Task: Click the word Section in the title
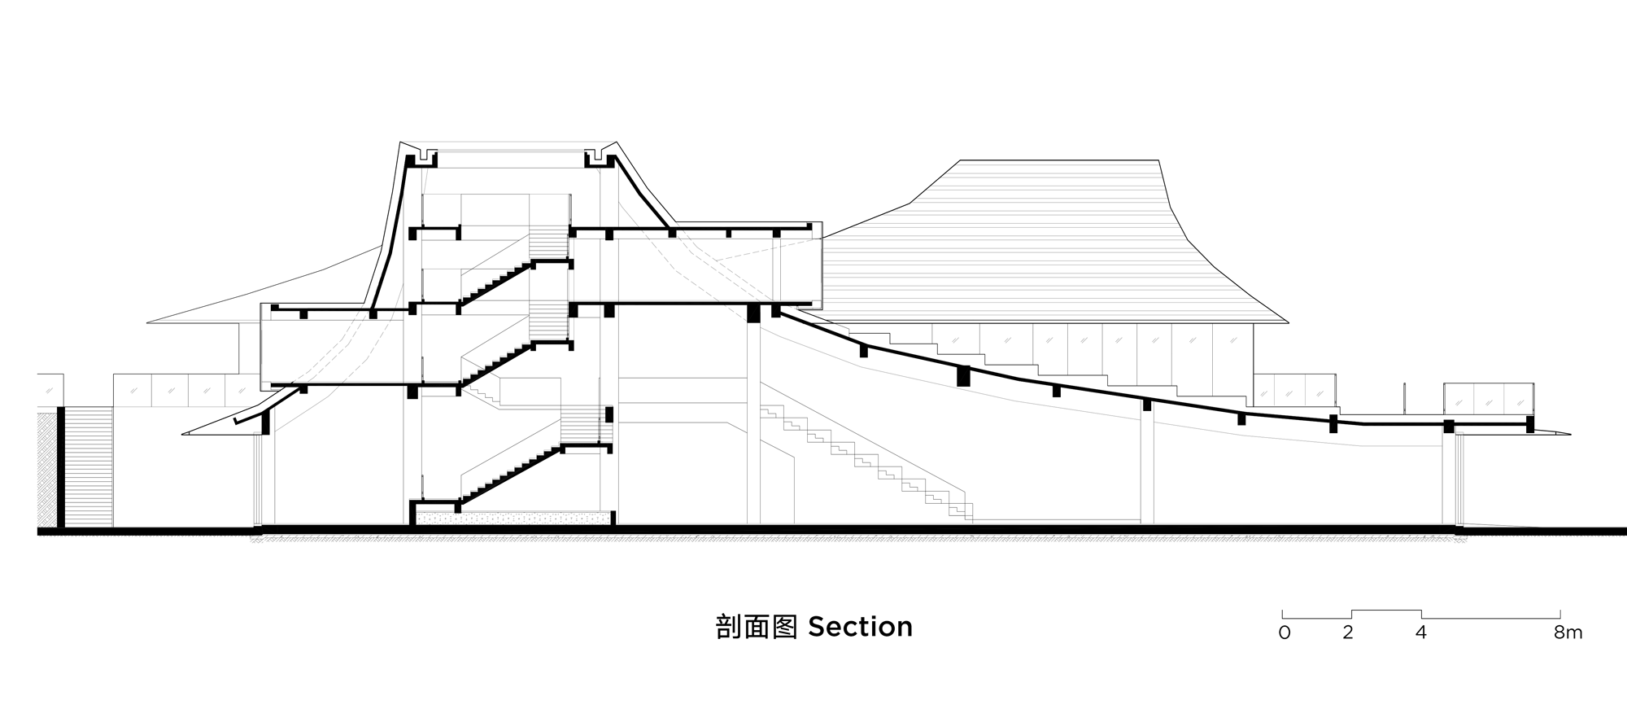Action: pyautogui.click(x=860, y=627)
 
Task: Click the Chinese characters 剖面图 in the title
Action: pyautogui.click(x=756, y=627)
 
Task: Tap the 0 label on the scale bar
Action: pyautogui.click(x=1285, y=633)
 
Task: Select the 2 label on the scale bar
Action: pyautogui.click(x=1348, y=633)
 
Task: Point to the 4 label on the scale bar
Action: pyautogui.click(x=1420, y=633)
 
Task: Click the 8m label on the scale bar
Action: pyautogui.click(x=1568, y=633)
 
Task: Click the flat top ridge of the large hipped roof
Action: pyautogui.click(x=1058, y=160)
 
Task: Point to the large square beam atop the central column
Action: pyautogui.click(x=753, y=313)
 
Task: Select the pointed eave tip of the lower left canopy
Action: pyautogui.click(x=186, y=433)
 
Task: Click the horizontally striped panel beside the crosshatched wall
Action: pyautogui.click(x=88, y=468)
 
